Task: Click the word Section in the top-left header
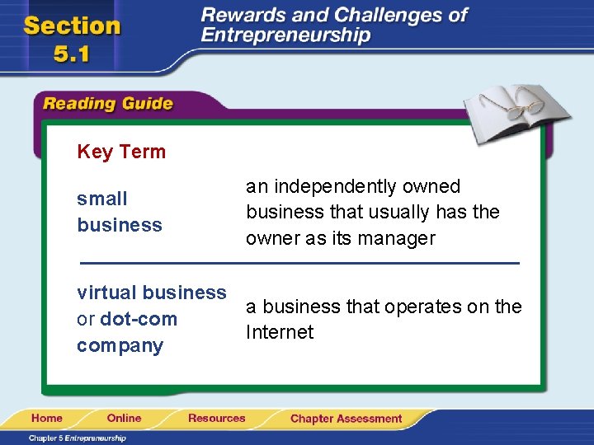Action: pyautogui.click(x=73, y=26)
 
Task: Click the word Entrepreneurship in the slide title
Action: pyautogui.click(x=285, y=35)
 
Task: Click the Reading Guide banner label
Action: pyautogui.click(x=107, y=104)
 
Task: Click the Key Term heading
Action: pyautogui.click(x=121, y=152)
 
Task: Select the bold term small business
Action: pyautogui.click(x=119, y=212)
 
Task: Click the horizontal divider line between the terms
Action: pyautogui.click(x=299, y=263)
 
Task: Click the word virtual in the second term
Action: pyautogui.click(x=106, y=293)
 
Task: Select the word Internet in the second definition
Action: pyautogui.click(x=280, y=333)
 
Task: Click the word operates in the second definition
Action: pyautogui.click(x=422, y=307)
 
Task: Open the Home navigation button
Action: pyautogui.click(x=49, y=419)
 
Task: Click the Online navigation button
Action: pyautogui.click(x=124, y=419)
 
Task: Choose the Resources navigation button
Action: pyautogui.click(x=216, y=419)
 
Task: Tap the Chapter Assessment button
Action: pyautogui.click(x=346, y=419)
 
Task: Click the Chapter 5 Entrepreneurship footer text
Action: pyautogui.click(x=78, y=438)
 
